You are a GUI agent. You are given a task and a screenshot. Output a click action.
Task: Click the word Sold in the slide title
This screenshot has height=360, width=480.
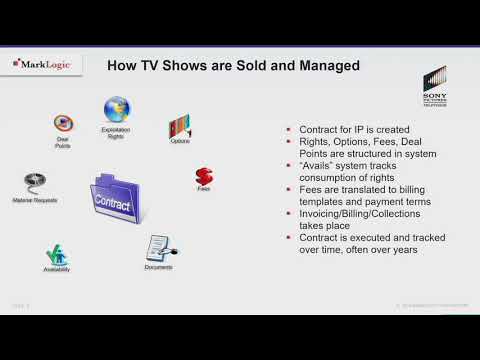tap(200, 66)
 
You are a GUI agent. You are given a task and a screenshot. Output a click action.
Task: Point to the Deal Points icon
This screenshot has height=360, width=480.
tap(62, 124)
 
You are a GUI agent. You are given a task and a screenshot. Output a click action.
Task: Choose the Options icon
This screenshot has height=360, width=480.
tap(180, 127)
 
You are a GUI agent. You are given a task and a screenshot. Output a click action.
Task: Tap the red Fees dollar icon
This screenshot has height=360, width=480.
tap(204, 175)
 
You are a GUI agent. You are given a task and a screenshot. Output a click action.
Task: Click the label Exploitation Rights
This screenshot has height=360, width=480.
tap(116, 133)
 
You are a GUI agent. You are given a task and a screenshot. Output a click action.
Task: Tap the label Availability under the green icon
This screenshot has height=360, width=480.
tap(57, 270)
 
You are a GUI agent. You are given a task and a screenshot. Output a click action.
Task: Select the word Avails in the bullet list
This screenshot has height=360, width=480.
tap(317, 165)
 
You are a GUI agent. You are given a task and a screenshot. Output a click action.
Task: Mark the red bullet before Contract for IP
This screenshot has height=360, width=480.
tap(289, 130)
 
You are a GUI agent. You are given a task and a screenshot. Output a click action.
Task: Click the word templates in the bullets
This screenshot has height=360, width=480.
tap(323, 202)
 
